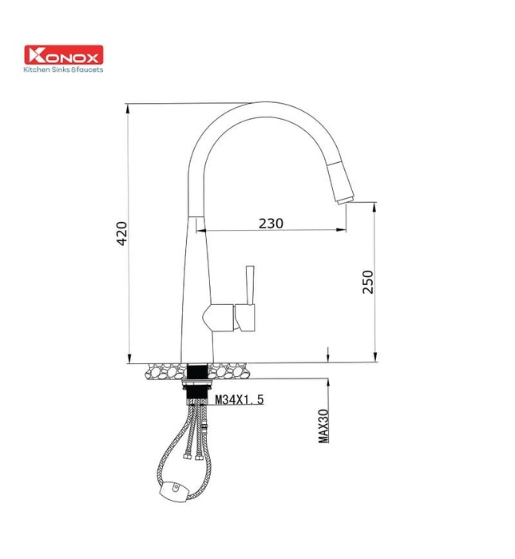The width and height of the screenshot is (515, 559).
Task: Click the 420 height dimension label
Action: (121, 232)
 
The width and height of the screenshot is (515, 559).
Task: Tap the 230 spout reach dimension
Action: (271, 224)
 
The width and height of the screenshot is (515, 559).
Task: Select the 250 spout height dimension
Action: (368, 281)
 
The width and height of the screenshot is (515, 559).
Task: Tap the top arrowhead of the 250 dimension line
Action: (374, 206)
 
